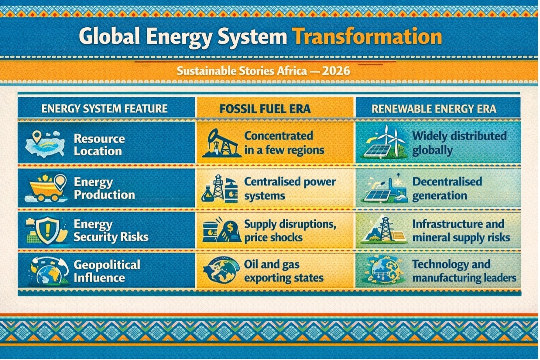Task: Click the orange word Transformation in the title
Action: pyautogui.click(x=367, y=37)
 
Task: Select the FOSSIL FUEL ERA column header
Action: pyautogui.click(x=265, y=109)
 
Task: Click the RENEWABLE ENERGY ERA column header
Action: pyautogui.click(x=434, y=109)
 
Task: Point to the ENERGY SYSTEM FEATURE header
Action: pyautogui.click(x=105, y=109)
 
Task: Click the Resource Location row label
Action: pyautogui.click(x=99, y=145)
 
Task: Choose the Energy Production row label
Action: pyautogui.click(x=104, y=188)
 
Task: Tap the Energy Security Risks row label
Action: pyautogui.click(x=111, y=230)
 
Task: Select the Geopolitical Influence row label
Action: pyautogui.click(x=107, y=271)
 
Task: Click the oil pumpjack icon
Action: pyautogui.click(x=221, y=143)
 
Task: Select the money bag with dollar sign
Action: pyautogui.click(x=229, y=232)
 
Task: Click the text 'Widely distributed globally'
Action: pyautogui.click(x=459, y=143)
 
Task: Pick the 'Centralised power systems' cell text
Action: pyautogui.click(x=290, y=189)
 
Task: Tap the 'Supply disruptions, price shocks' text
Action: pyautogui.click(x=290, y=231)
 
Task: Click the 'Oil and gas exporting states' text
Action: pyautogui.click(x=284, y=271)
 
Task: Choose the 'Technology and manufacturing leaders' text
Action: pyautogui.click(x=464, y=271)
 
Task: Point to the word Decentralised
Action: pyautogui.click(x=447, y=182)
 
